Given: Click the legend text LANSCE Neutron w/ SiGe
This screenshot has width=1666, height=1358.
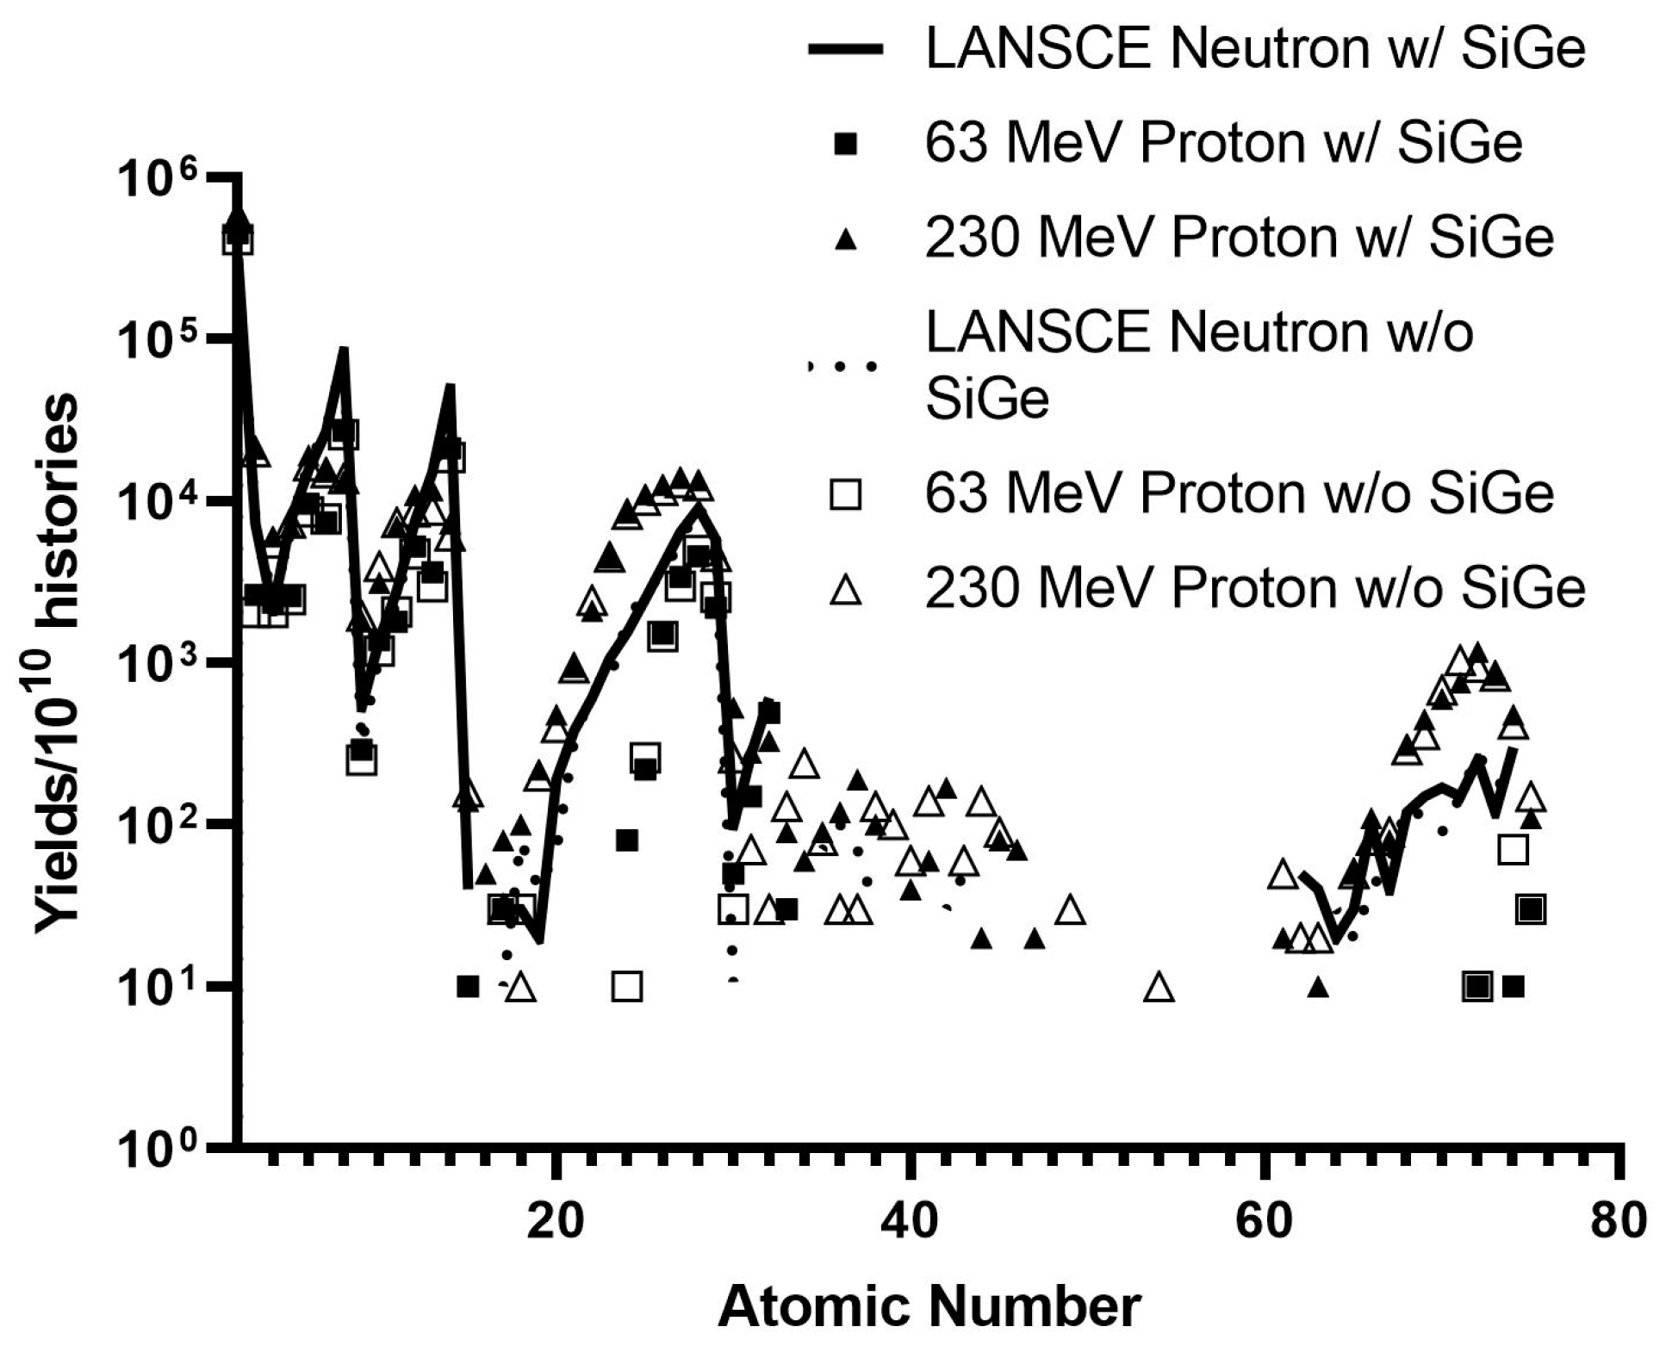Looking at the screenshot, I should [1253, 49].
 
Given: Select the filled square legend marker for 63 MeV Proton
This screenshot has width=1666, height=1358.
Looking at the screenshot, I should [846, 144].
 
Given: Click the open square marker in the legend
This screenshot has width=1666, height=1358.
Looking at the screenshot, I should [846, 495].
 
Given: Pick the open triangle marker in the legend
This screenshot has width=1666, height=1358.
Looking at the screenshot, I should [846, 590].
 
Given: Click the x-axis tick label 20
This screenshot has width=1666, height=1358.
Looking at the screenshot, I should [556, 1221].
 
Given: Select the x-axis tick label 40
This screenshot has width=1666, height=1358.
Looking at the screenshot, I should [909, 1221].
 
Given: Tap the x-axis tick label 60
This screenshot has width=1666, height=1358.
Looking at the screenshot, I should [1264, 1221].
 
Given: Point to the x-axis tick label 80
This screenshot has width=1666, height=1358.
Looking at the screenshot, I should [1618, 1221].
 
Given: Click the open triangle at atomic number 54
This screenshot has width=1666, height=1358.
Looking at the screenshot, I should [1159, 988].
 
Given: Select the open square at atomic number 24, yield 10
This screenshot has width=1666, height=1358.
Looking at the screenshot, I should [627, 986].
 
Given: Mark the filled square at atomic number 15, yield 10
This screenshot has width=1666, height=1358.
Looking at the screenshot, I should [468, 986].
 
